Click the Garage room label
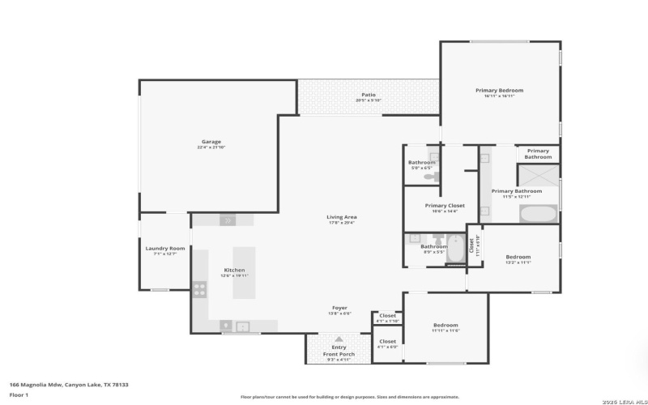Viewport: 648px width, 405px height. pyautogui.click(x=211, y=142)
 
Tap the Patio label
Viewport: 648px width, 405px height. pyautogui.click(x=369, y=95)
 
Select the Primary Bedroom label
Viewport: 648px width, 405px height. pyautogui.click(x=499, y=90)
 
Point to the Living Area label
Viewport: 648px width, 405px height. pyautogui.click(x=342, y=216)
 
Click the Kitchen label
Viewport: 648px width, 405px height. pyautogui.click(x=234, y=270)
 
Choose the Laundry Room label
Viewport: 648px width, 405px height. pyautogui.click(x=165, y=248)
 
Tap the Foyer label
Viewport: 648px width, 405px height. pyautogui.click(x=340, y=307)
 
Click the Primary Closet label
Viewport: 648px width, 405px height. pyautogui.click(x=445, y=205)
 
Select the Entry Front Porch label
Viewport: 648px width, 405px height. pyautogui.click(x=339, y=351)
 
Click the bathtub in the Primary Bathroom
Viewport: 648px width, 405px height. pyautogui.click(x=538, y=215)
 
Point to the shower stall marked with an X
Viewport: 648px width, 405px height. pyautogui.click(x=538, y=175)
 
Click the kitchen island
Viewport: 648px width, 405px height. pyautogui.click(x=244, y=273)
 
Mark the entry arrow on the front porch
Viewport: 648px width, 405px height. pyautogui.click(x=339, y=339)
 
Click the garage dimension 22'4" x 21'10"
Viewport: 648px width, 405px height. pyautogui.click(x=211, y=147)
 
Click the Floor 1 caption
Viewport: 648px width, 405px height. pyautogui.click(x=19, y=394)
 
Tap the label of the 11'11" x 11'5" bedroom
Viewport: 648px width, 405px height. pyautogui.click(x=446, y=325)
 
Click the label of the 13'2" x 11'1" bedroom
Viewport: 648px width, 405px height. pyautogui.click(x=518, y=257)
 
